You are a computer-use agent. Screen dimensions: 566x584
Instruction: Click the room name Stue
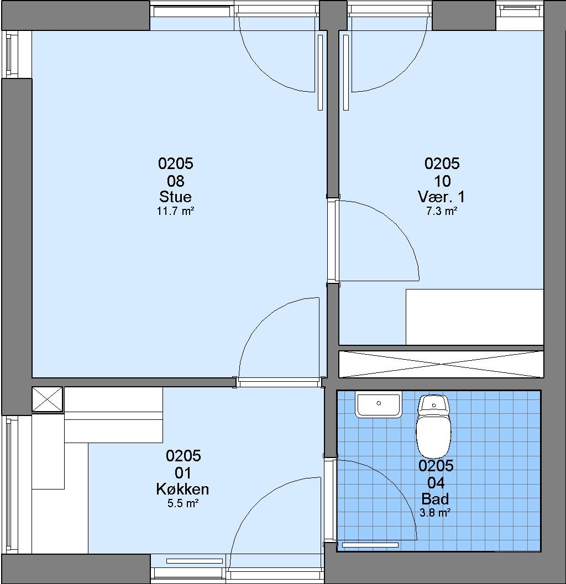(x=176, y=197)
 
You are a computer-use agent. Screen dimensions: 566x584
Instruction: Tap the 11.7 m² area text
(x=176, y=212)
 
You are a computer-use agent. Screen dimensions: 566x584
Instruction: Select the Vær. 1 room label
(x=442, y=197)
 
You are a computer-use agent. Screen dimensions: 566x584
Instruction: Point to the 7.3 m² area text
(x=442, y=212)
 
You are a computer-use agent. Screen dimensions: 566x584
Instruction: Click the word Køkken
(x=182, y=489)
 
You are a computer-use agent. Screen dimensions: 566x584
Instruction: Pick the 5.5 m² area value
(x=182, y=504)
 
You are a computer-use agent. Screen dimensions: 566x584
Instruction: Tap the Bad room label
(x=435, y=499)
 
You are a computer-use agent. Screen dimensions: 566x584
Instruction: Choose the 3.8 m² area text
(x=435, y=513)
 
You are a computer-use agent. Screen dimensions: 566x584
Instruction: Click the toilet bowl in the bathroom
(x=434, y=436)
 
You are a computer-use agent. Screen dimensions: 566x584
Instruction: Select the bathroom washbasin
(x=379, y=404)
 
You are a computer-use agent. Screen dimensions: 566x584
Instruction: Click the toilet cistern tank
(x=434, y=404)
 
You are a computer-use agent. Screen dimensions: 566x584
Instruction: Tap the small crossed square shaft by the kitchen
(x=48, y=399)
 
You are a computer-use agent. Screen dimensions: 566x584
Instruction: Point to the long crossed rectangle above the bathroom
(x=441, y=364)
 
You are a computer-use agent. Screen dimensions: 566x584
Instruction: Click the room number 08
(x=176, y=181)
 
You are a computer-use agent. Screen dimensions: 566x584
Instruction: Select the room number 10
(x=442, y=181)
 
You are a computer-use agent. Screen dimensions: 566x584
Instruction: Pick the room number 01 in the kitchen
(x=183, y=473)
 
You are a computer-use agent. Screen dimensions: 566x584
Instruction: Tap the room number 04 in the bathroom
(x=436, y=483)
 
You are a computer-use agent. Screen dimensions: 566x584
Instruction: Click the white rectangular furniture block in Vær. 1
(x=474, y=317)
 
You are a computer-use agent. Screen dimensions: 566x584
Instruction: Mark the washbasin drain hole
(x=379, y=403)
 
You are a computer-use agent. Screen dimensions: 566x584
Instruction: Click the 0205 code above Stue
(x=176, y=164)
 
